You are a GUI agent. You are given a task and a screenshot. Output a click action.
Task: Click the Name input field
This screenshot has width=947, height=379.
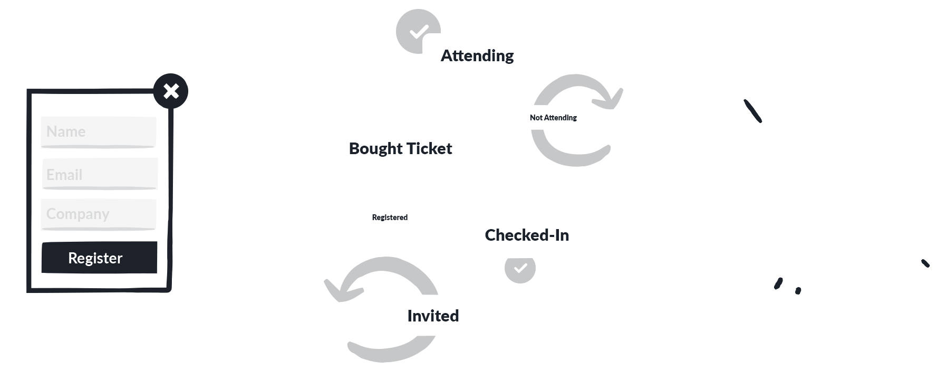click(x=99, y=131)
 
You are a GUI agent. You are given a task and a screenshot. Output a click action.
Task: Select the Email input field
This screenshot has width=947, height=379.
click(x=100, y=174)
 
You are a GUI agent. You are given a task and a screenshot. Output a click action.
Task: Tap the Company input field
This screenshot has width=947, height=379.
click(x=99, y=214)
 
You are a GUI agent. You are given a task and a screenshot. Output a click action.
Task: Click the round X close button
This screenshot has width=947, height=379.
click(x=171, y=91)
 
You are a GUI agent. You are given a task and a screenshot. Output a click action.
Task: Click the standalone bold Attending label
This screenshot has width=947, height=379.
click(x=477, y=55)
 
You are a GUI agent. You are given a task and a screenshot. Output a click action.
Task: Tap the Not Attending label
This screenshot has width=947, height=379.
click(x=553, y=118)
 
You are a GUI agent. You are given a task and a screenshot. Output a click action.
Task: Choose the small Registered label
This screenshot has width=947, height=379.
click(x=390, y=217)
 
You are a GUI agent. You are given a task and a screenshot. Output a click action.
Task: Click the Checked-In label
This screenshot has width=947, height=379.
click(x=527, y=235)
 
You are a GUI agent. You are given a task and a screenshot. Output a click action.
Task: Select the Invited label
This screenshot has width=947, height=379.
click(x=433, y=316)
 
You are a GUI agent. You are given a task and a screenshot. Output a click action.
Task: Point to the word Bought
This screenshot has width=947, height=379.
click(x=376, y=148)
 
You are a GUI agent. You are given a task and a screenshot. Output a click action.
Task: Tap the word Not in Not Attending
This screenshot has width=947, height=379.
click(x=536, y=118)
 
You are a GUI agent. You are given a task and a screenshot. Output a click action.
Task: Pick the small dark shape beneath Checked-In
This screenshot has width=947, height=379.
click(x=519, y=271)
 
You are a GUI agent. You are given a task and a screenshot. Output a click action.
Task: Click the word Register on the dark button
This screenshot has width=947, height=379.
click(x=95, y=258)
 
